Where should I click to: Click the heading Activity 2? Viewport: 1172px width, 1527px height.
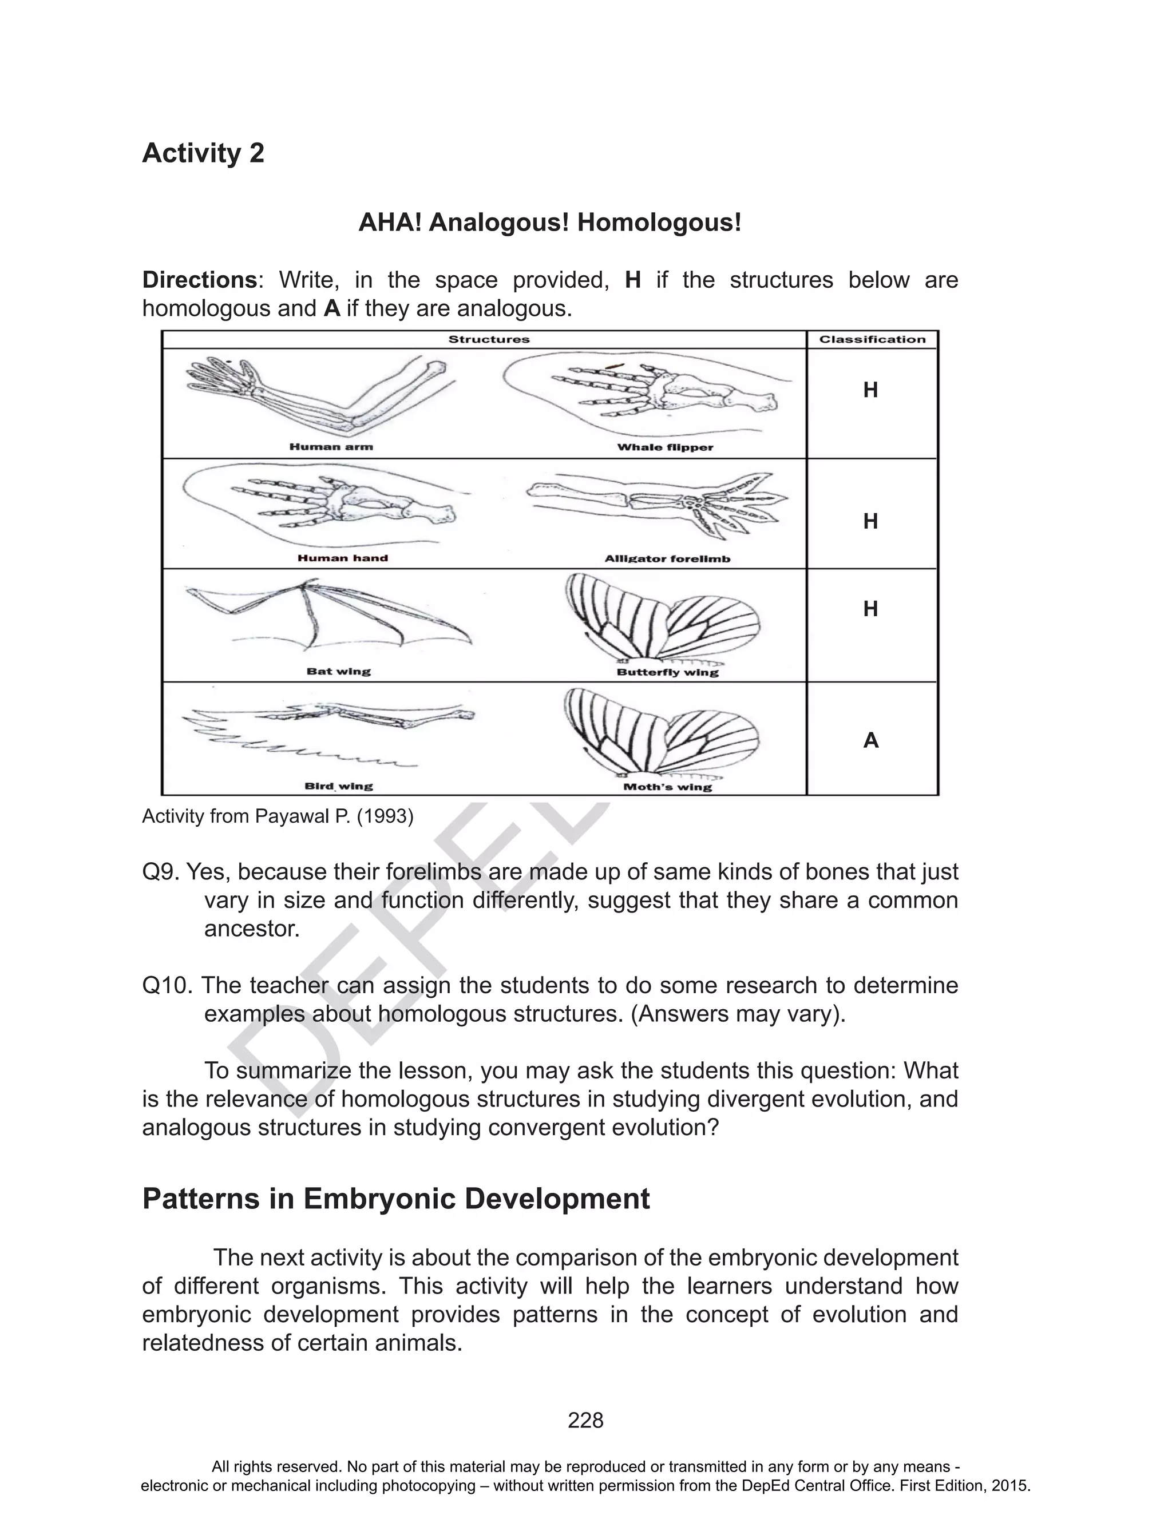(203, 153)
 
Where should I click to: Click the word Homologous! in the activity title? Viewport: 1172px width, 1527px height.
(659, 223)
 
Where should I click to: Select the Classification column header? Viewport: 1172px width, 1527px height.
(872, 340)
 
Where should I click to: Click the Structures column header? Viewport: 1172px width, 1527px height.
(488, 340)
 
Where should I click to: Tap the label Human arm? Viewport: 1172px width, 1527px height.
(331, 447)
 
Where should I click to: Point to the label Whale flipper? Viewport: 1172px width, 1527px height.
(665, 447)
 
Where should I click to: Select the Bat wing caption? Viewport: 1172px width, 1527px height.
(338, 672)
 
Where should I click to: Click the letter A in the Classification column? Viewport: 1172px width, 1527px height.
(870, 740)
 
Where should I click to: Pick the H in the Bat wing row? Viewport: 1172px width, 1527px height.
(870, 609)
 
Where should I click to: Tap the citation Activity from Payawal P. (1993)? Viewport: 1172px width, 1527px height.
(278, 816)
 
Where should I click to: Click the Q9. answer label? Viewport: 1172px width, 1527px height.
(161, 872)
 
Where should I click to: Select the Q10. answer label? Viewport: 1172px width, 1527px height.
(168, 986)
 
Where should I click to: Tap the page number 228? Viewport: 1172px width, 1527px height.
(585, 1421)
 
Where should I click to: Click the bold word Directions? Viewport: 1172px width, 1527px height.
(200, 280)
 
